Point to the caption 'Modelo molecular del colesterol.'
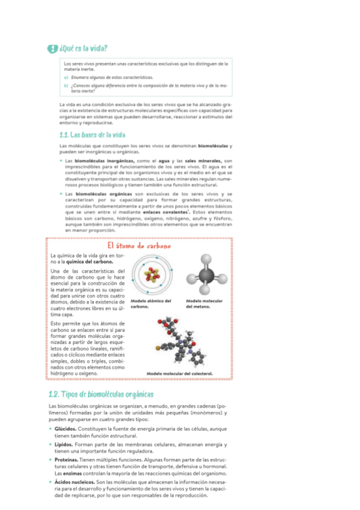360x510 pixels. click(180, 373)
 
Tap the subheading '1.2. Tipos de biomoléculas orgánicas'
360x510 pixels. click(102, 395)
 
